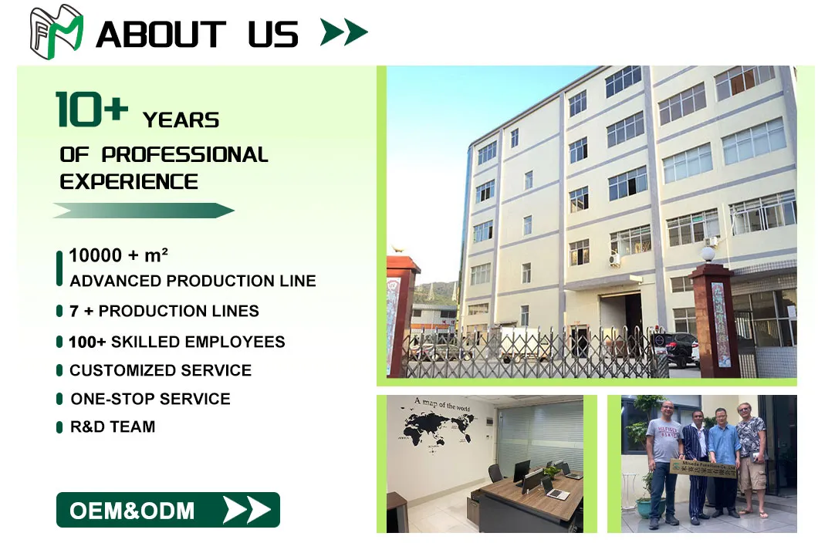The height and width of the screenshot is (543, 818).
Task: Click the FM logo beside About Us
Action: pos(56,32)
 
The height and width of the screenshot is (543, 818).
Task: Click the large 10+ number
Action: pos(91,109)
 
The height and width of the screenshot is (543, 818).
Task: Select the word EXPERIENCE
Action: pos(129,182)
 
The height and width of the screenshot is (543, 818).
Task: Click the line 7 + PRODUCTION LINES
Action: pos(164,312)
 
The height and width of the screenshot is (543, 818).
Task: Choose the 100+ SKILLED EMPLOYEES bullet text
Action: pos(177,342)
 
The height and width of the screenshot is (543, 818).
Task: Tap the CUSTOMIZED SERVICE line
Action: pos(161,370)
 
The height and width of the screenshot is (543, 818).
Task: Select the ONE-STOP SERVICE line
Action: pos(150,399)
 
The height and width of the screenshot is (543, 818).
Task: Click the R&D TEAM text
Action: pos(113,427)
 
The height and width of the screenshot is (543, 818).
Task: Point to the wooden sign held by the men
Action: pos(703,468)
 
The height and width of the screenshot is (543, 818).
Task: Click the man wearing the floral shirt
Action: pos(750,455)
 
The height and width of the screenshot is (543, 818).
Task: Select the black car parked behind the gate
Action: pos(679,349)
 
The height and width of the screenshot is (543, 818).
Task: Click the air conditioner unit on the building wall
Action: pos(614,260)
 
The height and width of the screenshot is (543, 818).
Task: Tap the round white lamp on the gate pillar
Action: pos(708,254)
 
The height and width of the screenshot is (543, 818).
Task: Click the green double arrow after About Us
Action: pos(344,32)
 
